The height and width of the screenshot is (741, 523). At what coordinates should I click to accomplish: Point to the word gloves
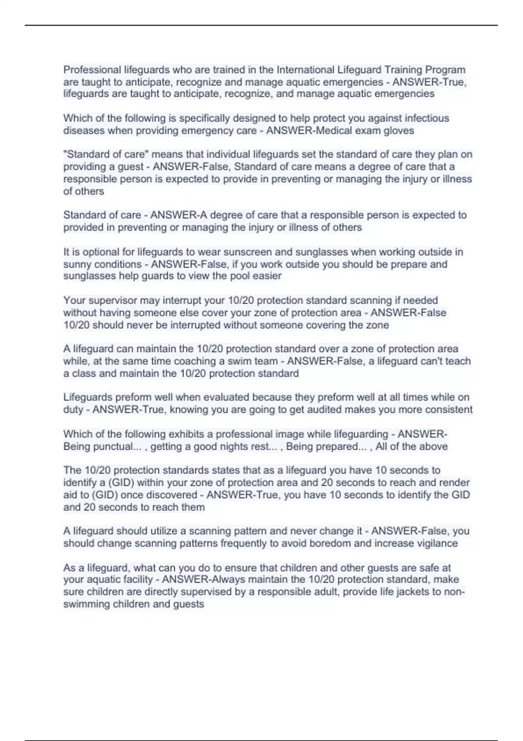(399, 131)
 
